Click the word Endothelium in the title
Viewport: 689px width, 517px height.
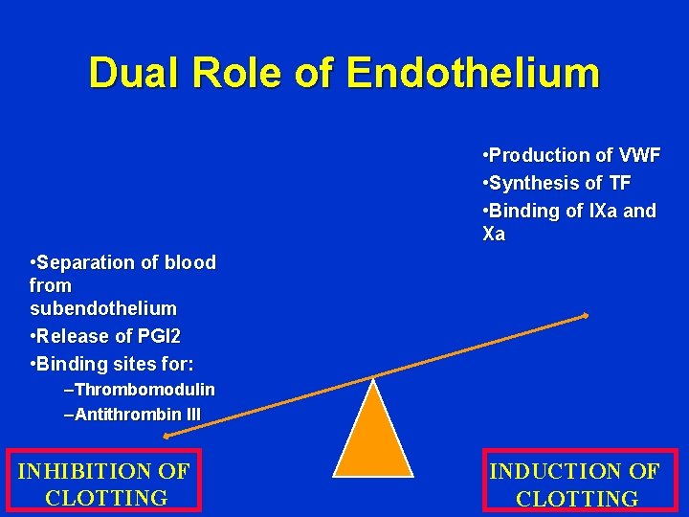point(473,74)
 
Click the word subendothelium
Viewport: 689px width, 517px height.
point(103,308)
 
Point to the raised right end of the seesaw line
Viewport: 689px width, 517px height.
point(585,315)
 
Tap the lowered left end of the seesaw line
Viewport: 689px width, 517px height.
point(166,436)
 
